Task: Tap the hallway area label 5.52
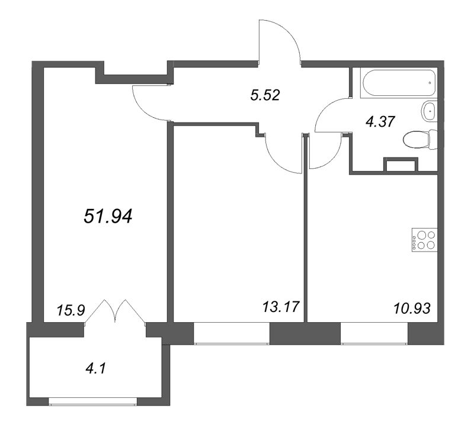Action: click(265, 94)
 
